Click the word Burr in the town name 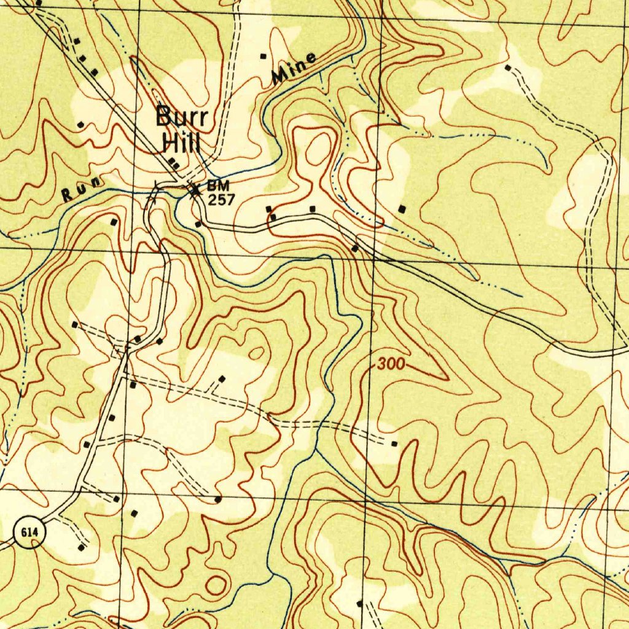(181, 117)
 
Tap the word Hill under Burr (181, 144)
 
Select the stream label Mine (294, 68)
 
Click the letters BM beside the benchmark (218, 185)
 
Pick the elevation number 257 (221, 200)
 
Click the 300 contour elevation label (391, 364)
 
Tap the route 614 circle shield (29, 533)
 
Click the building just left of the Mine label (264, 57)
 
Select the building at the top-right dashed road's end (507, 67)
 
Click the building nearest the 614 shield (81, 546)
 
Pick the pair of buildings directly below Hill (174, 164)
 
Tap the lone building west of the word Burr (80, 125)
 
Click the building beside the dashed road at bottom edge (360, 604)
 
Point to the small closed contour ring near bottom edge (216, 585)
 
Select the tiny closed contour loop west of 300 (257, 353)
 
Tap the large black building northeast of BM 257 (402, 209)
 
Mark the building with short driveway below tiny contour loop (222, 379)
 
